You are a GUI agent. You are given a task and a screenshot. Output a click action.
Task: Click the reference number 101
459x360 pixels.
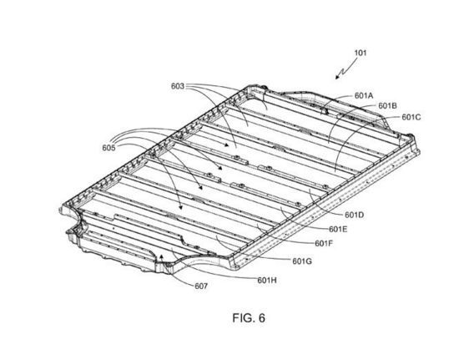point(361,53)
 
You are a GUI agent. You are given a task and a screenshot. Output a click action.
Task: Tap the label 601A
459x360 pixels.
point(364,96)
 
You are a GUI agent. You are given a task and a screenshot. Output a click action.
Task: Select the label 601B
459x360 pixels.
point(387,105)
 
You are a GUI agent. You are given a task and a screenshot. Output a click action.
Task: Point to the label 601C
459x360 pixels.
point(411,117)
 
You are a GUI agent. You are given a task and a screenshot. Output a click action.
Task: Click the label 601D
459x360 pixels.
point(355,215)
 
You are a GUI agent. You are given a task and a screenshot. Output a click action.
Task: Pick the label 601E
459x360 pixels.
point(338,229)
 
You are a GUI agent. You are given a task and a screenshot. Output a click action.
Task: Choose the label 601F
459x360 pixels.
point(324,243)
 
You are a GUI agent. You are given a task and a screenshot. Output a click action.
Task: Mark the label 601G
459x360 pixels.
point(302,261)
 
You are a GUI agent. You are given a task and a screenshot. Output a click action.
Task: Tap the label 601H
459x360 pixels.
point(267,281)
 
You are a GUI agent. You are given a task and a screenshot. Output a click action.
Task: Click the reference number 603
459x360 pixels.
point(178,86)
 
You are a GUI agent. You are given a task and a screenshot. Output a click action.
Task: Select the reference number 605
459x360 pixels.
point(108,148)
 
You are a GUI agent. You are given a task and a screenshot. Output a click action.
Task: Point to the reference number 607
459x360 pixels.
point(201,286)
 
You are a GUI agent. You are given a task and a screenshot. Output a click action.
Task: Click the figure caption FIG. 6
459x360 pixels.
point(249,318)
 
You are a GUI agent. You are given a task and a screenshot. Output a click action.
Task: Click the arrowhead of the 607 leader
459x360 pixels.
point(161,257)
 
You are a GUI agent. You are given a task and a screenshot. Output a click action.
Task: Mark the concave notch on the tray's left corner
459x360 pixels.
point(77,221)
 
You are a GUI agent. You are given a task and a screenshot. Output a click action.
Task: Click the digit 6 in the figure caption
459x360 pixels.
point(262,318)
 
